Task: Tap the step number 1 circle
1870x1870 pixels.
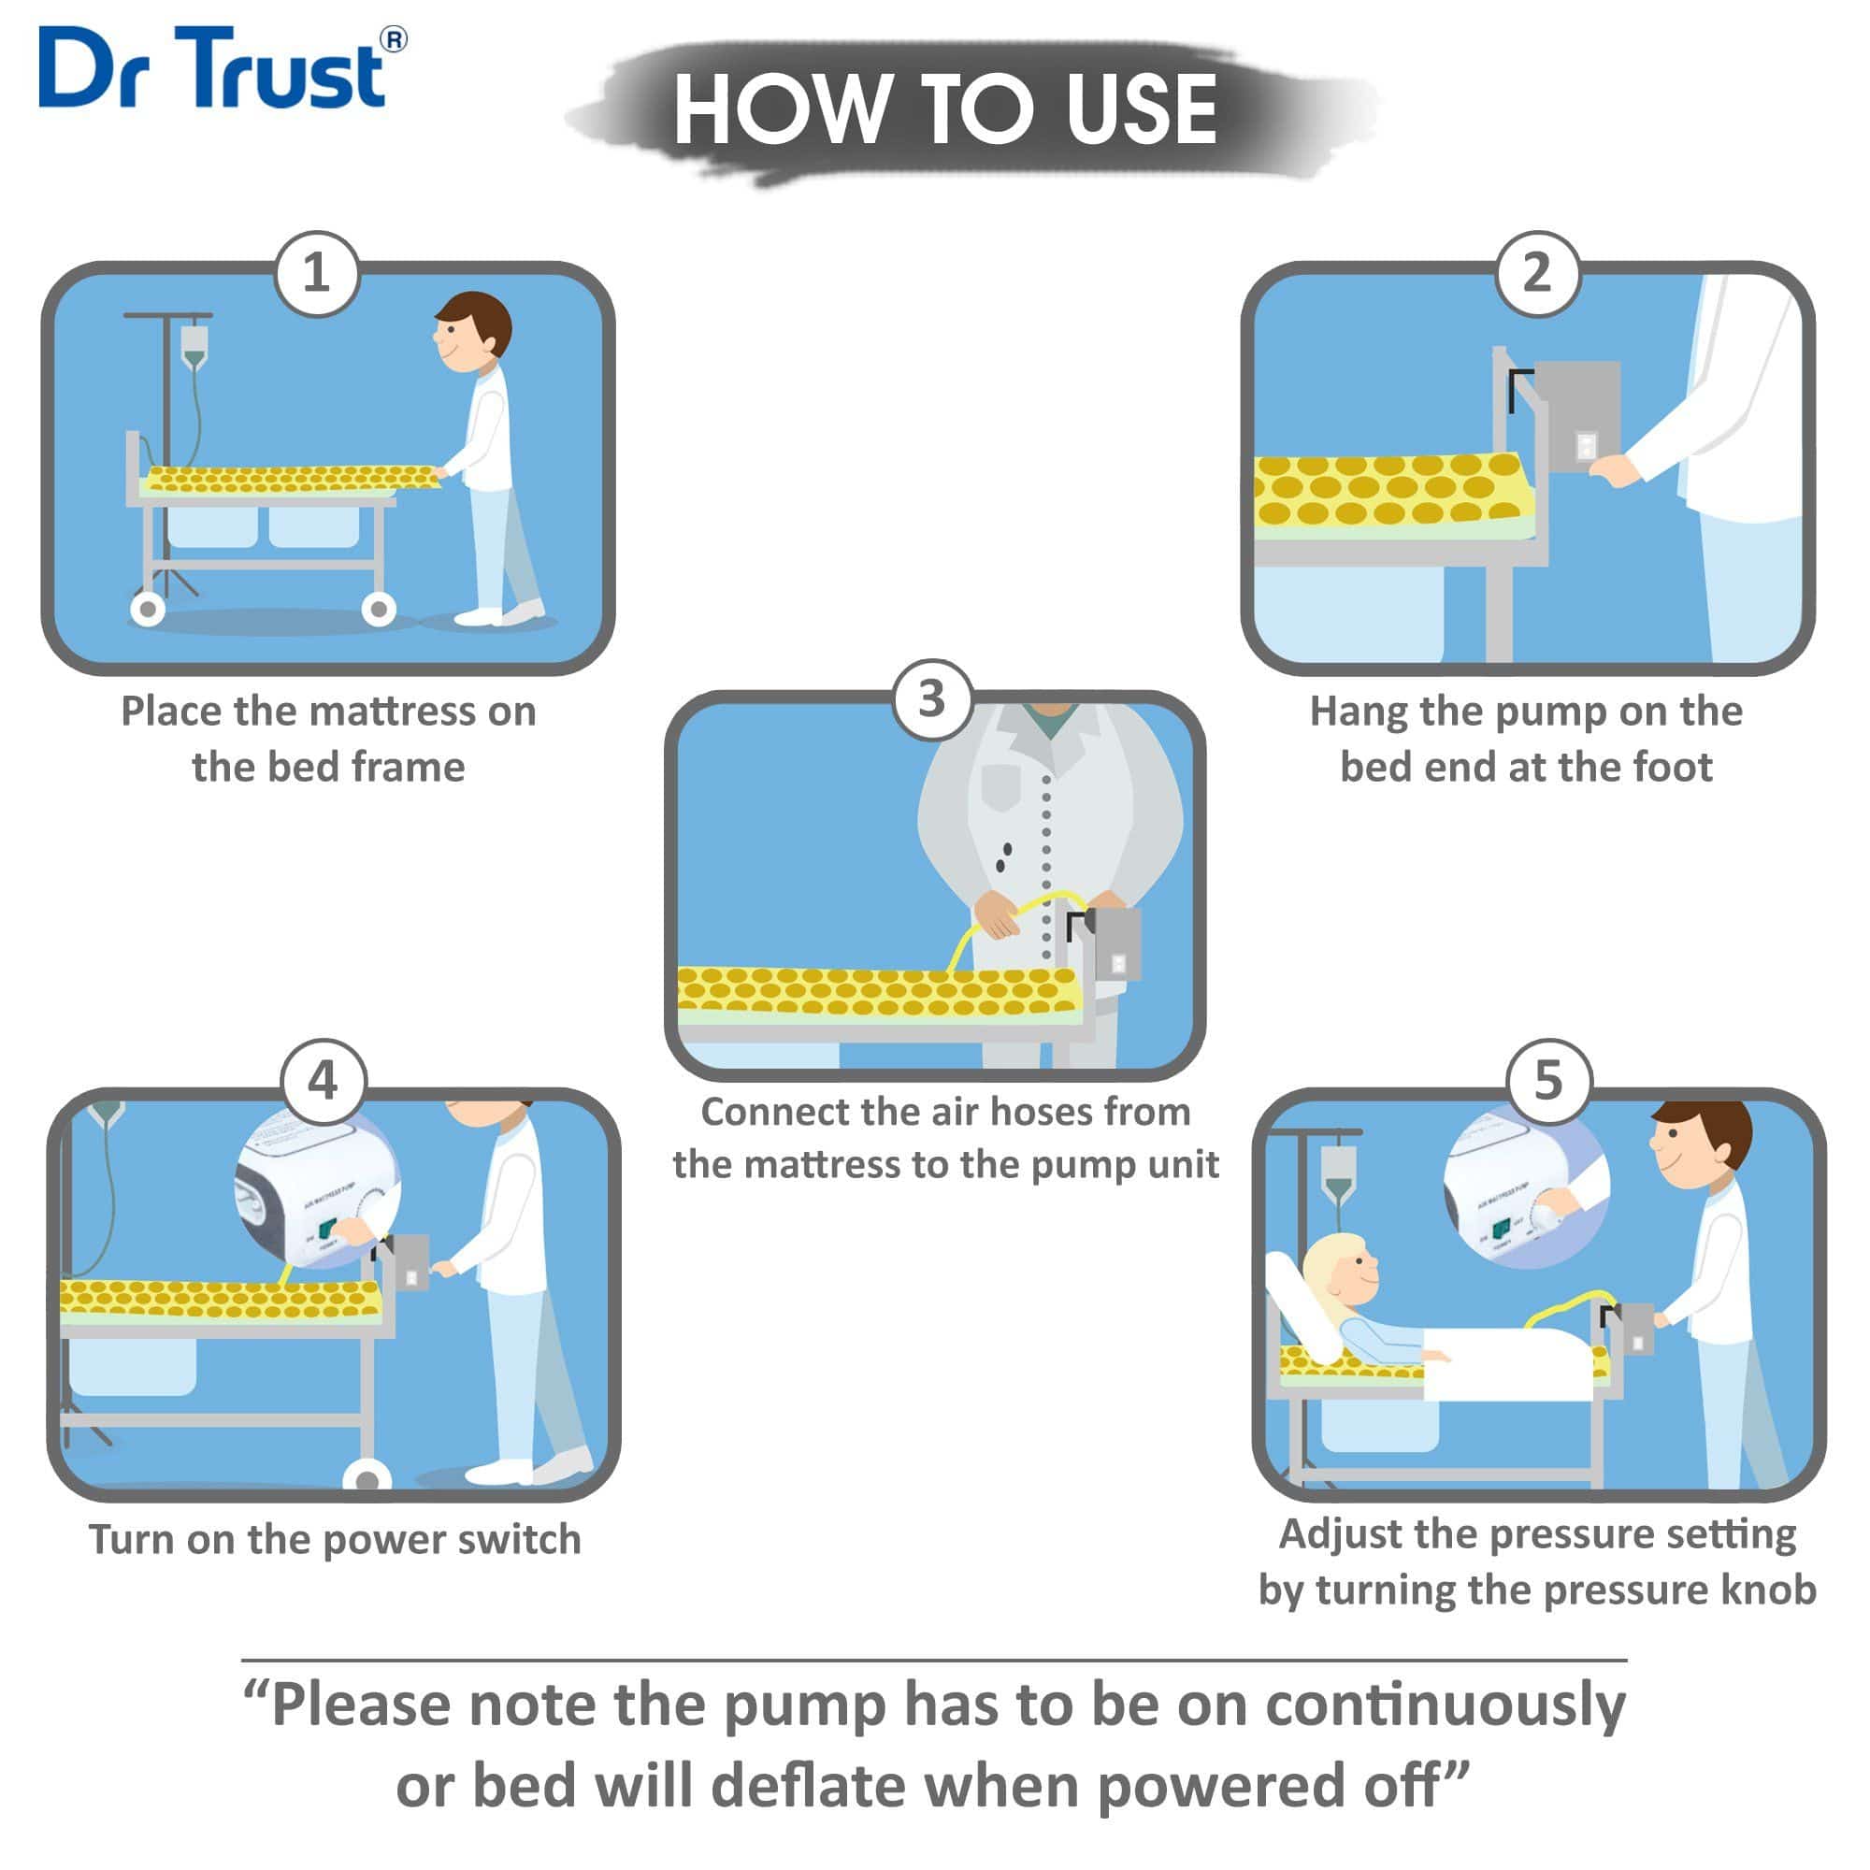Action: pos(317,273)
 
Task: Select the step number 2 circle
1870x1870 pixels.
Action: pos(1537,273)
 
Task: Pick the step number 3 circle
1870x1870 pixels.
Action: pos(931,698)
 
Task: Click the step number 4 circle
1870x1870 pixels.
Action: pos(324,1080)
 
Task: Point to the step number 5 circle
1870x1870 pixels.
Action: pos(1548,1080)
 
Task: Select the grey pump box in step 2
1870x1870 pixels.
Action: pos(1577,416)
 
